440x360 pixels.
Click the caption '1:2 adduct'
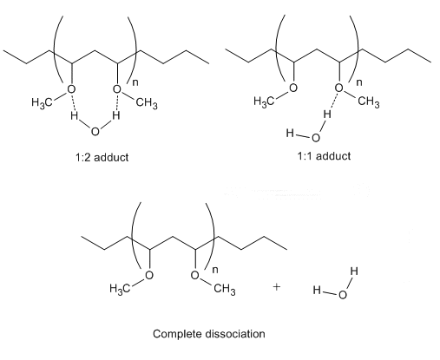(102, 158)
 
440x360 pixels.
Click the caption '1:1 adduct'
(324, 156)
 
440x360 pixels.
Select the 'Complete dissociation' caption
(209, 334)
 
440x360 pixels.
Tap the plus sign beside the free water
(277, 287)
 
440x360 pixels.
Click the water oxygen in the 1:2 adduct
(95, 132)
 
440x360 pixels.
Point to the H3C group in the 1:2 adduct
(42, 102)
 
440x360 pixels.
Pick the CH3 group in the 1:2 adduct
(147, 103)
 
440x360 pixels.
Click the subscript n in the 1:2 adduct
(135, 82)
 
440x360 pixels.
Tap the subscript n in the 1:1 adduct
(358, 82)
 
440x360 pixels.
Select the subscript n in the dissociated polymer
(215, 270)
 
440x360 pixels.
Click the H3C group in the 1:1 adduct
(264, 101)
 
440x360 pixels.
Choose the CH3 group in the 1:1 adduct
(369, 101)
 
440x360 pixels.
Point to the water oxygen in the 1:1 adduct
(316, 138)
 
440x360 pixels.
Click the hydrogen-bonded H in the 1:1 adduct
(327, 114)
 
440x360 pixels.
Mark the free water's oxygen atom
(342, 295)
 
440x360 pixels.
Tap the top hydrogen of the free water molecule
(354, 272)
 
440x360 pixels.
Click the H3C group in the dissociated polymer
(120, 289)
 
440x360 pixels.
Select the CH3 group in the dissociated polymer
(225, 289)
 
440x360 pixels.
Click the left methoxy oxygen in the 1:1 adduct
(293, 88)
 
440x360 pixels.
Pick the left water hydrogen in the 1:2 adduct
(75, 116)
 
